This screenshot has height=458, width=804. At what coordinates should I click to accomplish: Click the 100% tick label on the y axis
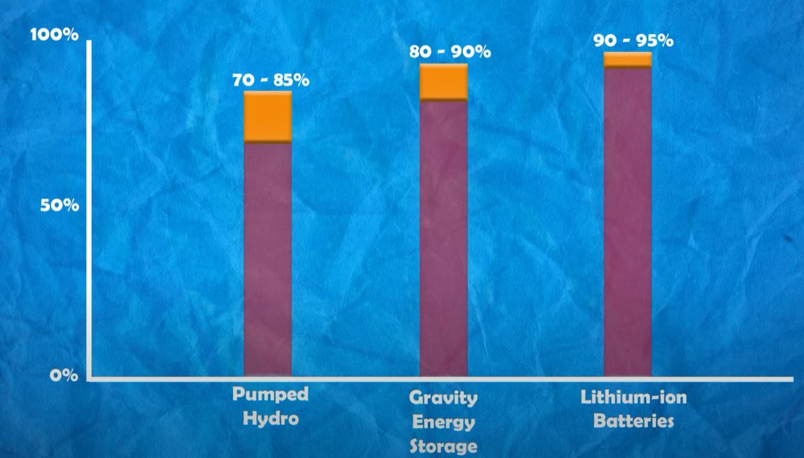[56, 34]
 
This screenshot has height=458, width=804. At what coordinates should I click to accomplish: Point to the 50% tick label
[59, 206]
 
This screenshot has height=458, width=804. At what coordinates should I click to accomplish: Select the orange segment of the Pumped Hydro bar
[267, 117]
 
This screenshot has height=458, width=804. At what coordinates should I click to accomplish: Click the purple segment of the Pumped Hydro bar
[267, 258]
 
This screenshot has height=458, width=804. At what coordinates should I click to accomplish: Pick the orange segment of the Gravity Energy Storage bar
[444, 82]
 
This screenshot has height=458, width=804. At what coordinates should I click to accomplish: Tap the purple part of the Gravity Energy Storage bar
[444, 238]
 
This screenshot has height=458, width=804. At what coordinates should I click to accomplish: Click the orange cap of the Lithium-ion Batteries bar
[628, 59]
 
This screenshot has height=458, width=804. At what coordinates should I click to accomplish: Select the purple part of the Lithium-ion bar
[628, 221]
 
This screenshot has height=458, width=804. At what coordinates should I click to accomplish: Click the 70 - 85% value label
[271, 80]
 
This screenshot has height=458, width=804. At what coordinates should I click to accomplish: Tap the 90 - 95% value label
[633, 40]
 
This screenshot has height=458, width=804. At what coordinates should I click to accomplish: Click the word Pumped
[271, 394]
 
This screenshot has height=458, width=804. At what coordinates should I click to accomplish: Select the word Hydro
[270, 419]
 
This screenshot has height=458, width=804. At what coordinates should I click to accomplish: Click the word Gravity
[444, 398]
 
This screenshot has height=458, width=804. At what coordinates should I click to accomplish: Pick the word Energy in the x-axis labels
[444, 423]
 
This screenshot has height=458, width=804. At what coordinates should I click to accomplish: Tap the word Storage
[444, 446]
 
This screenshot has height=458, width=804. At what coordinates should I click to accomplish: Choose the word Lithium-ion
[634, 398]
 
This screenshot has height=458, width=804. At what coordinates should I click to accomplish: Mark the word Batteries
[634, 422]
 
